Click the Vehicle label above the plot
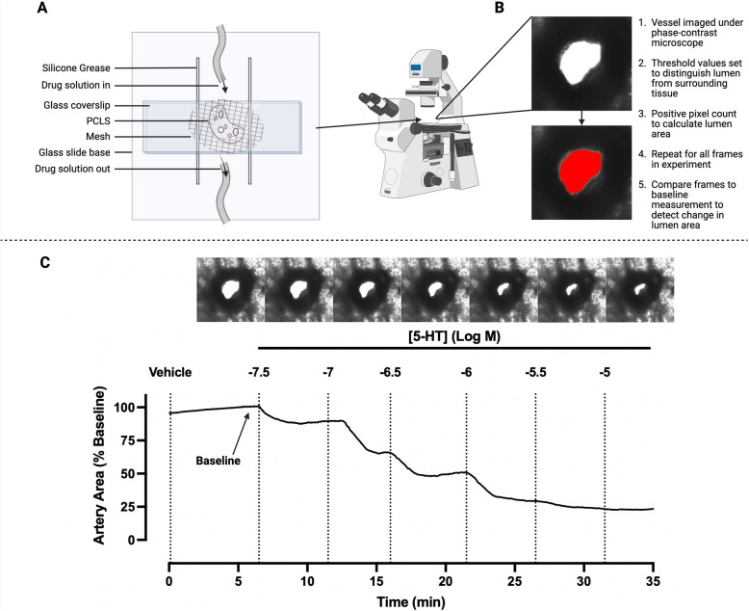tap(172, 371)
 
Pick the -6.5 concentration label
tap(392, 371)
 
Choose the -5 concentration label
tap(604, 371)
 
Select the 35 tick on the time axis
tap(653, 580)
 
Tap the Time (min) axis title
tap(411, 600)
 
